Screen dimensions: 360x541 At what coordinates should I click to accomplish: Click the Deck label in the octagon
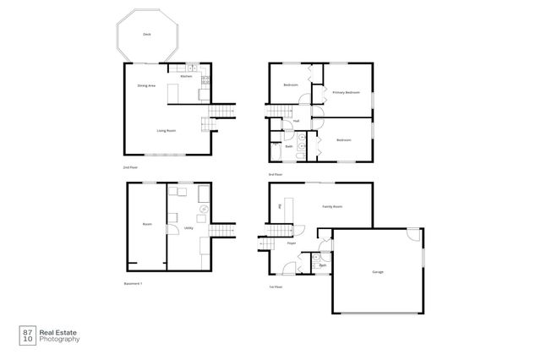(x=146, y=35)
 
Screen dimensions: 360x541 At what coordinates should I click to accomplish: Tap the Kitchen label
(x=186, y=76)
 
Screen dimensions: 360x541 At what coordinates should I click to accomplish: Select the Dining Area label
(x=146, y=85)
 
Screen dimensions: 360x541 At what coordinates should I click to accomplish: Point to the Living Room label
(x=166, y=130)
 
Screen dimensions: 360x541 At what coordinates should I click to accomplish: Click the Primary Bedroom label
(x=346, y=92)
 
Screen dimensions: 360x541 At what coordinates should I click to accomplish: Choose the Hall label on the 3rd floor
(x=297, y=120)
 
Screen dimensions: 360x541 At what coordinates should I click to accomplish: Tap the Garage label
(x=377, y=271)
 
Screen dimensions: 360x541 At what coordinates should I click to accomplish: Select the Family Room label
(x=332, y=206)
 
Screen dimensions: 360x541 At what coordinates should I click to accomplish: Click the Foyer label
(x=291, y=243)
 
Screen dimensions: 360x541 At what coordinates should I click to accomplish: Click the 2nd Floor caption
(x=130, y=167)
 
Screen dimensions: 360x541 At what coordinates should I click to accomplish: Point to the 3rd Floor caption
(x=275, y=174)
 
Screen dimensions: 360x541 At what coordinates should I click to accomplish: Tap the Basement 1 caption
(x=132, y=282)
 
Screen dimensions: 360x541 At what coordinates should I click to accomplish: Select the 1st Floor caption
(x=275, y=286)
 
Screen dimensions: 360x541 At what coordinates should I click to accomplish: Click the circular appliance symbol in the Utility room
(x=204, y=209)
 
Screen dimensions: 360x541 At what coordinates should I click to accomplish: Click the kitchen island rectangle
(x=175, y=90)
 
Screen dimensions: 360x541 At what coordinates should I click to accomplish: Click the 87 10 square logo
(x=28, y=335)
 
